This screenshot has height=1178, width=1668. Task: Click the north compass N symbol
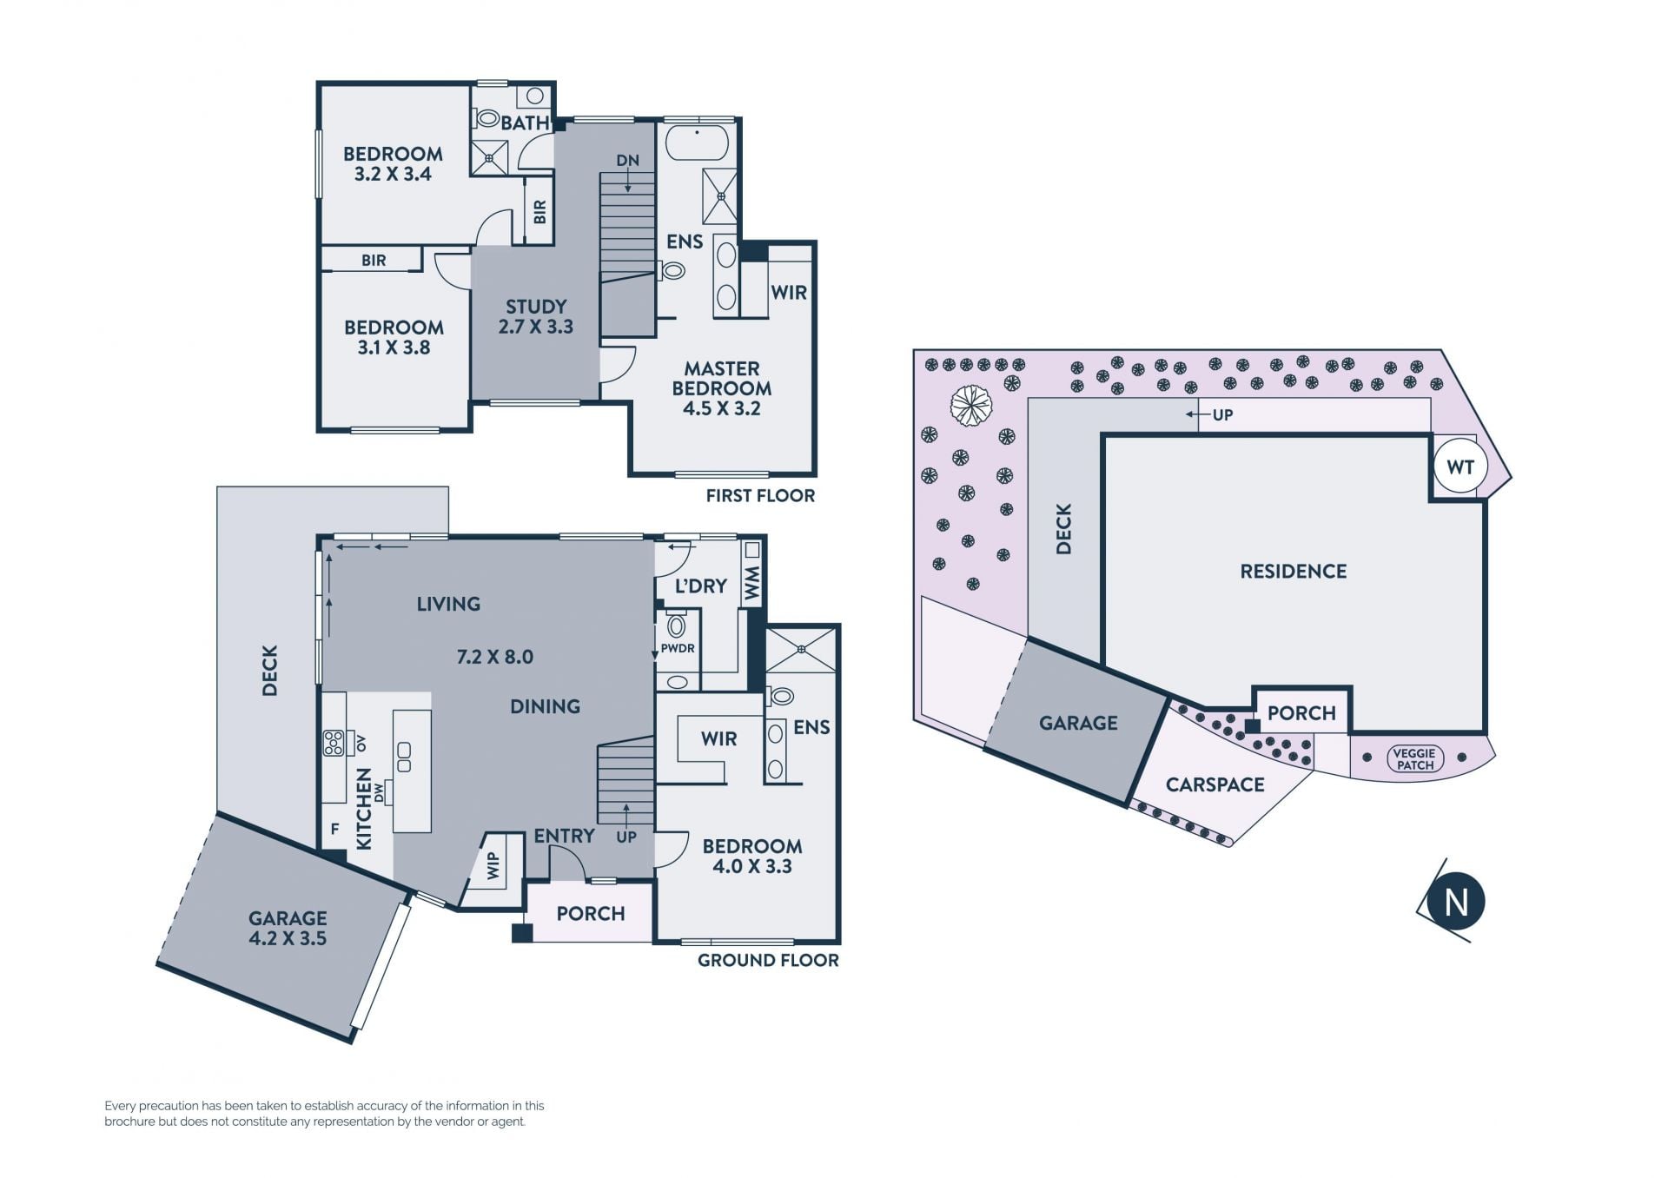tap(1456, 902)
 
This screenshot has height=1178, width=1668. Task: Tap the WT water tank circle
tap(1460, 467)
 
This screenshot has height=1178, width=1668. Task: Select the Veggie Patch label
tap(1415, 759)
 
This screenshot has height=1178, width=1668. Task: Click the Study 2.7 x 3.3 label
tap(536, 317)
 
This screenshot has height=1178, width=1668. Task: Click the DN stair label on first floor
tap(628, 161)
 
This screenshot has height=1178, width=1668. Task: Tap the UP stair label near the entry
tap(626, 837)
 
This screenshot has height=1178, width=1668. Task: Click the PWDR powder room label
tap(678, 648)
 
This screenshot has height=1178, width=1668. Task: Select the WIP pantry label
tap(493, 865)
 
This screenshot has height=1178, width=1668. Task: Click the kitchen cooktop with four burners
tap(334, 743)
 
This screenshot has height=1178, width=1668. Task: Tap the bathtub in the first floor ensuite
tap(697, 143)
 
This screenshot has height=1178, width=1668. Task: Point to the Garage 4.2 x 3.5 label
tap(288, 928)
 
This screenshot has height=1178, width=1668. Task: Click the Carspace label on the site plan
tap(1215, 785)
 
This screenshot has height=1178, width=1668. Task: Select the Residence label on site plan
tap(1294, 572)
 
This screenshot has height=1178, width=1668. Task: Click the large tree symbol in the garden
tap(971, 406)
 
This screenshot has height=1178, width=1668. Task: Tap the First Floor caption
tap(760, 496)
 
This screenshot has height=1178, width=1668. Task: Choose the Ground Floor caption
tap(768, 961)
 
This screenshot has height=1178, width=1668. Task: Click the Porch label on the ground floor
tap(591, 914)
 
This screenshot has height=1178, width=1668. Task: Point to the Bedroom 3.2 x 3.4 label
tap(393, 163)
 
